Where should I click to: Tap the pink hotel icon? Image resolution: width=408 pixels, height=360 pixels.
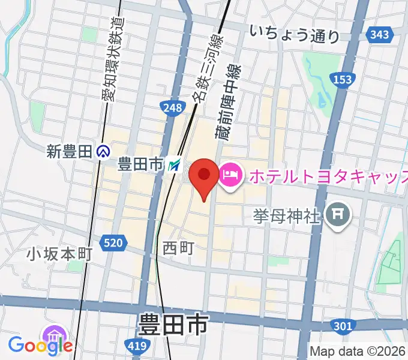230,175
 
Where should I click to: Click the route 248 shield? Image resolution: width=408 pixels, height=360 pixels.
172,107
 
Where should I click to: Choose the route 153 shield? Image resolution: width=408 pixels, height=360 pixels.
343,80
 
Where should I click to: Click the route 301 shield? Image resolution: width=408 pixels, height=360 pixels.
341,325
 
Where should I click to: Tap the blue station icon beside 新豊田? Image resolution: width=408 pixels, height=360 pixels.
103,152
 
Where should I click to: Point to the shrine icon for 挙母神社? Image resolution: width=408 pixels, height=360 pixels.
338,214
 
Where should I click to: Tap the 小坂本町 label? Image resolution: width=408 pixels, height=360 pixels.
59,254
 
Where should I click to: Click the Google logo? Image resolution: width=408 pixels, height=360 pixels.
40,344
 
